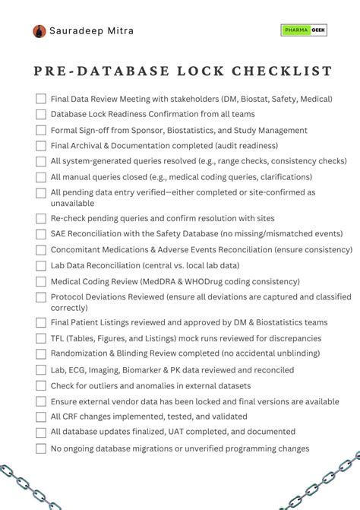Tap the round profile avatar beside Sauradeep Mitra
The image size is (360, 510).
[x=39, y=31]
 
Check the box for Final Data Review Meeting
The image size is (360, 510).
[x=41, y=98]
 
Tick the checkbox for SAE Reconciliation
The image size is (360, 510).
[x=41, y=233]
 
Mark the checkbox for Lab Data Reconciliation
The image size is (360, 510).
[x=41, y=265]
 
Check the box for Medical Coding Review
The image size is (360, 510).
[x=41, y=281]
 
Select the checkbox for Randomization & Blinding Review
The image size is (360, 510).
[x=41, y=353]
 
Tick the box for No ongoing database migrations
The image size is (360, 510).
[x=41, y=448]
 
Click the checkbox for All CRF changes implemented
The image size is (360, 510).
[x=41, y=417]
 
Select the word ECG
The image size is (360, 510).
[x=78, y=369]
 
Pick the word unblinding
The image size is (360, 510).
[x=291, y=353]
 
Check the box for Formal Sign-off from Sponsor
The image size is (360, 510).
[x=41, y=130]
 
